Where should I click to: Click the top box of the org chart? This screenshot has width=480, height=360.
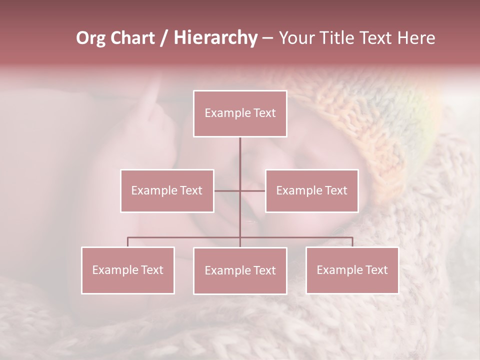tap(240, 113)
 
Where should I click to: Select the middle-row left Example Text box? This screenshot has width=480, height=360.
tap(167, 190)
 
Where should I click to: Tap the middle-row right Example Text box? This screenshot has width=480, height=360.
tap(311, 190)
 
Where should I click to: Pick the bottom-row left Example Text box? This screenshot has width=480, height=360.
tap(127, 270)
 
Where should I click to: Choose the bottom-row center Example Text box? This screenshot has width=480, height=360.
tap(240, 270)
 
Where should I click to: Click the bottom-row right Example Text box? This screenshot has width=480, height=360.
tap(352, 270)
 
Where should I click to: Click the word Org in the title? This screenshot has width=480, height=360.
tap(90, 38)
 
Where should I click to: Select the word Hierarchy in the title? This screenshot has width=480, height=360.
tap(215, 38)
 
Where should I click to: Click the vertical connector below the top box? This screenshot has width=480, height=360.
tap(240, 155)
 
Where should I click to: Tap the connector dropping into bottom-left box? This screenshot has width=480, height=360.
tap(127, 242)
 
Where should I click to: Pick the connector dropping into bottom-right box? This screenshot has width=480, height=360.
tap(352, 242)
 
